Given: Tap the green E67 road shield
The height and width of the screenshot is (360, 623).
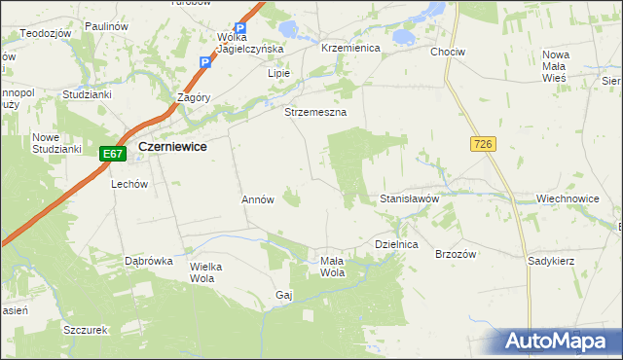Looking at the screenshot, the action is [113, 153].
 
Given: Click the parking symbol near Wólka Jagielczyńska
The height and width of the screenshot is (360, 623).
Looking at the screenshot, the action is [240, 30].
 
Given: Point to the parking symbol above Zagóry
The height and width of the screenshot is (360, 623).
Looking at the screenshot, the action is [204, 63].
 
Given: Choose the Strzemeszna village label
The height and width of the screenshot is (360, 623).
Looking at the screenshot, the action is [315, 113].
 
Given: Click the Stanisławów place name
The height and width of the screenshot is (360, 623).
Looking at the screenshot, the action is [410, 198].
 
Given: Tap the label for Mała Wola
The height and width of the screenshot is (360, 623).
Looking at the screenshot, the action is [333, 266].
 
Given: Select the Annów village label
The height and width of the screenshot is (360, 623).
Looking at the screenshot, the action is [258, 199].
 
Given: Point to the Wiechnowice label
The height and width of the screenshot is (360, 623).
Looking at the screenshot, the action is [568, 198].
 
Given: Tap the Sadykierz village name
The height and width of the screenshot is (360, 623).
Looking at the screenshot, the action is [551, 261].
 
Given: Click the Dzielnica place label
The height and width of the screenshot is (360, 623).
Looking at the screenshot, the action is [396, 245].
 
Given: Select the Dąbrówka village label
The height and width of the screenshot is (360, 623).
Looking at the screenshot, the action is [149, 261].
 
